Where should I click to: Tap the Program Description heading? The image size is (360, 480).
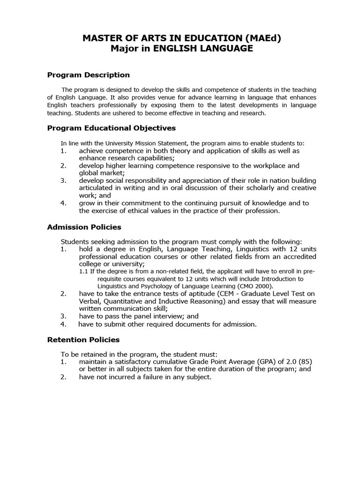click(x=89, y=75)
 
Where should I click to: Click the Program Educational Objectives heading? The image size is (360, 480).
click(x=112, y=127)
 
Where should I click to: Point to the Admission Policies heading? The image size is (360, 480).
click(x=84, y=227)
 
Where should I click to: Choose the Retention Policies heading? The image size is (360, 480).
click(x=83, y=339)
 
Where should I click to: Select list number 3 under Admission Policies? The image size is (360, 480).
click(x=63, y=316)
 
